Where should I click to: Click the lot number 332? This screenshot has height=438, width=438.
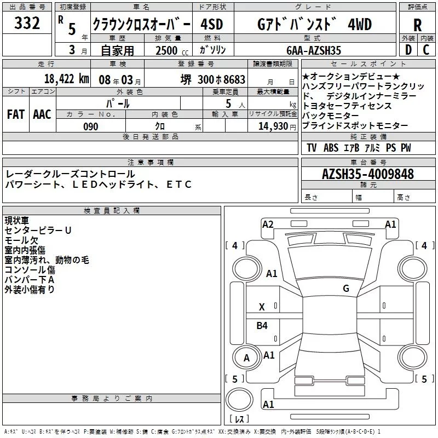tap(27, 24)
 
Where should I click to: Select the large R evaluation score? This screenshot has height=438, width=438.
tap(417, 25)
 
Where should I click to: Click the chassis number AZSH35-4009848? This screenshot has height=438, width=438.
tap(368, 175)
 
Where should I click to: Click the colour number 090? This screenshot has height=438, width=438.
tap(90, 126)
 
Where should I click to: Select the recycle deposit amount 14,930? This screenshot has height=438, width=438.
tap(273, 126)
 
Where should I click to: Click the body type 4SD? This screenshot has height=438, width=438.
tap(213, 25)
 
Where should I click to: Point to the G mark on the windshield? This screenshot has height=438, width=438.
tap(345, 288)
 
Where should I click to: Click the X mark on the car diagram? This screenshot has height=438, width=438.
tap(262, 307)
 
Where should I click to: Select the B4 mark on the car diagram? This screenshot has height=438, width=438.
tap(262, 326)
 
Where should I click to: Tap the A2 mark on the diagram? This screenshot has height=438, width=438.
tap(268, 224)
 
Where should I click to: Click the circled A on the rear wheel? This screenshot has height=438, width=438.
tap(246, 358)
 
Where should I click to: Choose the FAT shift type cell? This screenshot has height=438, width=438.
tap(15, 114)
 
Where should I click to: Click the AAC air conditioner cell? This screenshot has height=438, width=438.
tap(42, 114)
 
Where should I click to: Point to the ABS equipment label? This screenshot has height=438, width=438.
tap(331, 148)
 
